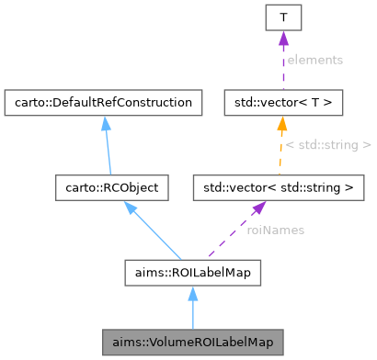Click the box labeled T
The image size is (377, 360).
pyautogui.click(x=283, y=17)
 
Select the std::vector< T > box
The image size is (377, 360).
pyautogui.click(x=283, y=102)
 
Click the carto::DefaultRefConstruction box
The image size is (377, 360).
pyautogui.click(x=103, y=102)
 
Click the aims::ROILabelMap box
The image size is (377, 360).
pyautogui.click(x=193, y=273)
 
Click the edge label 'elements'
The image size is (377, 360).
pyautogui.click(x=314, y=60)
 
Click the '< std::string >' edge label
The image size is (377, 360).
pyautogui.click(x=328, y=145)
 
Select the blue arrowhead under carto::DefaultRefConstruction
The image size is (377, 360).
pyautogui.click(x=104, y=122)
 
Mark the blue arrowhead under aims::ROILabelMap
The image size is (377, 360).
pyautogui.click(x=193, y=293)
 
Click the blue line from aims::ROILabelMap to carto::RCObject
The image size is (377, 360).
pyautogui.click(x=156, y=234)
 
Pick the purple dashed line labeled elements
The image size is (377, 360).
pyautogui.click(x=283, y=64)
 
